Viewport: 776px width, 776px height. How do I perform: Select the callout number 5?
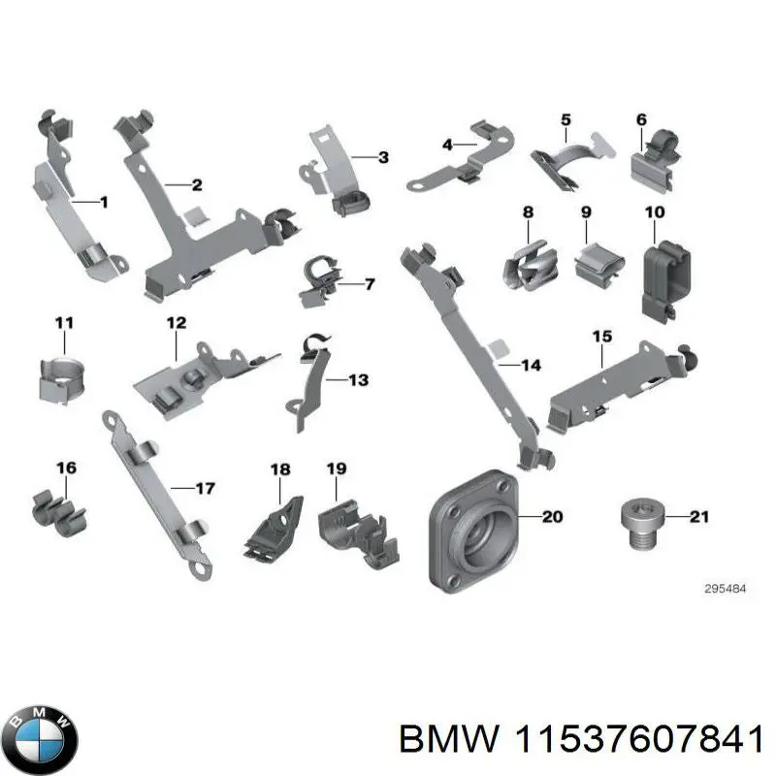point(566,120)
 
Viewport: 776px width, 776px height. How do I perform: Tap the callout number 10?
point(655,211)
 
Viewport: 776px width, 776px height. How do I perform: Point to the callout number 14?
point(531,366)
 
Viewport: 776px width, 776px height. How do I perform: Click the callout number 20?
point(552,517)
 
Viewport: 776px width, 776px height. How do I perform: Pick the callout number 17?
point(205,488)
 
